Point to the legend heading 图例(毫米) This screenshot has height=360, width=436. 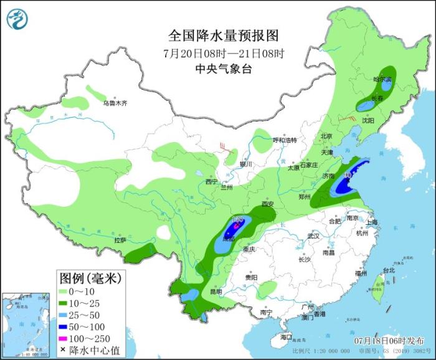(x=91, y=277)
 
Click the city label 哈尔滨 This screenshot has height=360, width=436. (x=382, y=80)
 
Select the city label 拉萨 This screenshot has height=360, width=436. (x=120, y=240)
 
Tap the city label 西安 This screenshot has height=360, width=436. (x=268, y=204)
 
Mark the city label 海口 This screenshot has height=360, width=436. (x=286, y=337)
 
